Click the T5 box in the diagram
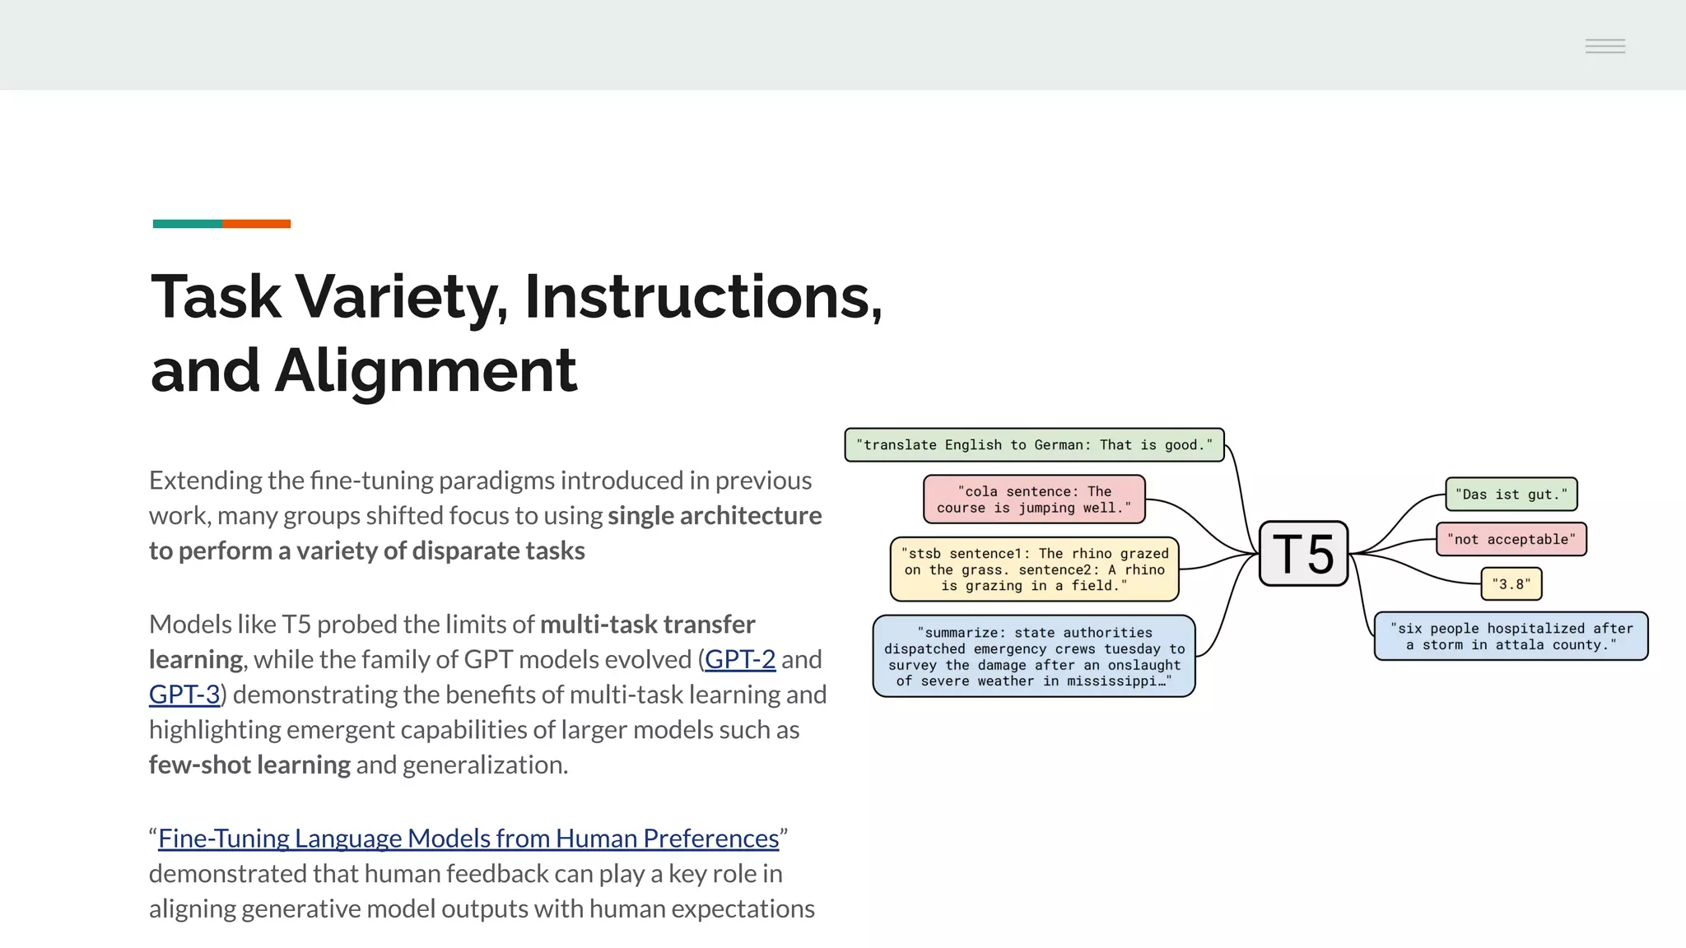click(1303, 553)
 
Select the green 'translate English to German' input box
click(1034, 445)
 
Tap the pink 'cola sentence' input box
click(1034, 500)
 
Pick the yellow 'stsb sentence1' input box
click(1034, 569)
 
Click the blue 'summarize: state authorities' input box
click(1034, 656)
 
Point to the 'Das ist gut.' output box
click(1511, 495)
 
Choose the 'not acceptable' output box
click(1511, 540)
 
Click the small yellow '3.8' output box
click(1511, 584)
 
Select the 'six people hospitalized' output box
click(1511, 636)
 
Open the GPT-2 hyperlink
click(739, 659)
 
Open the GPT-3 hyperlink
click(184, 695)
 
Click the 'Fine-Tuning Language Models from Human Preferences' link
click(468, 839)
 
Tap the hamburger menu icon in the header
click(1604, 46)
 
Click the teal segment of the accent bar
click(187, 224)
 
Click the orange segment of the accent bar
click(256, 224)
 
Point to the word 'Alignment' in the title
click(425, 370)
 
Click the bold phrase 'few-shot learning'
click(249, 765)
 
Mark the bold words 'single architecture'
click(714, 516)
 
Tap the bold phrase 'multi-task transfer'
click(647, 625)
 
